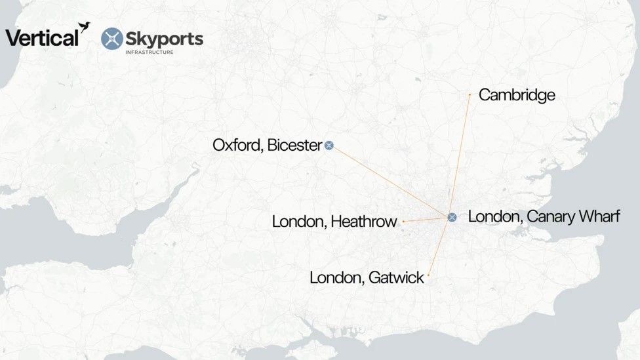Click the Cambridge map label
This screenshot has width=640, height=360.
(x=517, y=95)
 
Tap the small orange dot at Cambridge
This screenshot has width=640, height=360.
(x=470, y=94)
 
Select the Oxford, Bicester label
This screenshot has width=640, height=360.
(x=267, y=145)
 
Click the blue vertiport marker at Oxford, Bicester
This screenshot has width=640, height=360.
(x=329, y=145)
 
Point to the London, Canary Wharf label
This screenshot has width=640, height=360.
(x=544, y=216)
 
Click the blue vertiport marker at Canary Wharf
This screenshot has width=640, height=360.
(x=452, y=217)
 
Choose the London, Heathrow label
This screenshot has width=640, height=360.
(x=334, y=222)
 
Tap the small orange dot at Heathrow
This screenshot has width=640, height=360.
(x=403, y=222)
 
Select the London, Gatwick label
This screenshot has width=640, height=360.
(x=367, y=278)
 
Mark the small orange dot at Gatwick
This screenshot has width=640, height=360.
(x=428, y=275)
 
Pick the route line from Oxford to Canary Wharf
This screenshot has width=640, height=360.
(x=390, y=181)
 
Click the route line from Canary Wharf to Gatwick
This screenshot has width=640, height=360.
(x=440, y=246)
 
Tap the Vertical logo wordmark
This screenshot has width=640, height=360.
(x=42, y=38)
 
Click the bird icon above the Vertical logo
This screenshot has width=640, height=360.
(x=84, y=26)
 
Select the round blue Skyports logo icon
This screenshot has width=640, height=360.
(x=112, y=39)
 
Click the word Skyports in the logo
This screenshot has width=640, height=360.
(x=165, y=38)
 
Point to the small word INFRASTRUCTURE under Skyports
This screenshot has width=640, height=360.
(x=150, y=52)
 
